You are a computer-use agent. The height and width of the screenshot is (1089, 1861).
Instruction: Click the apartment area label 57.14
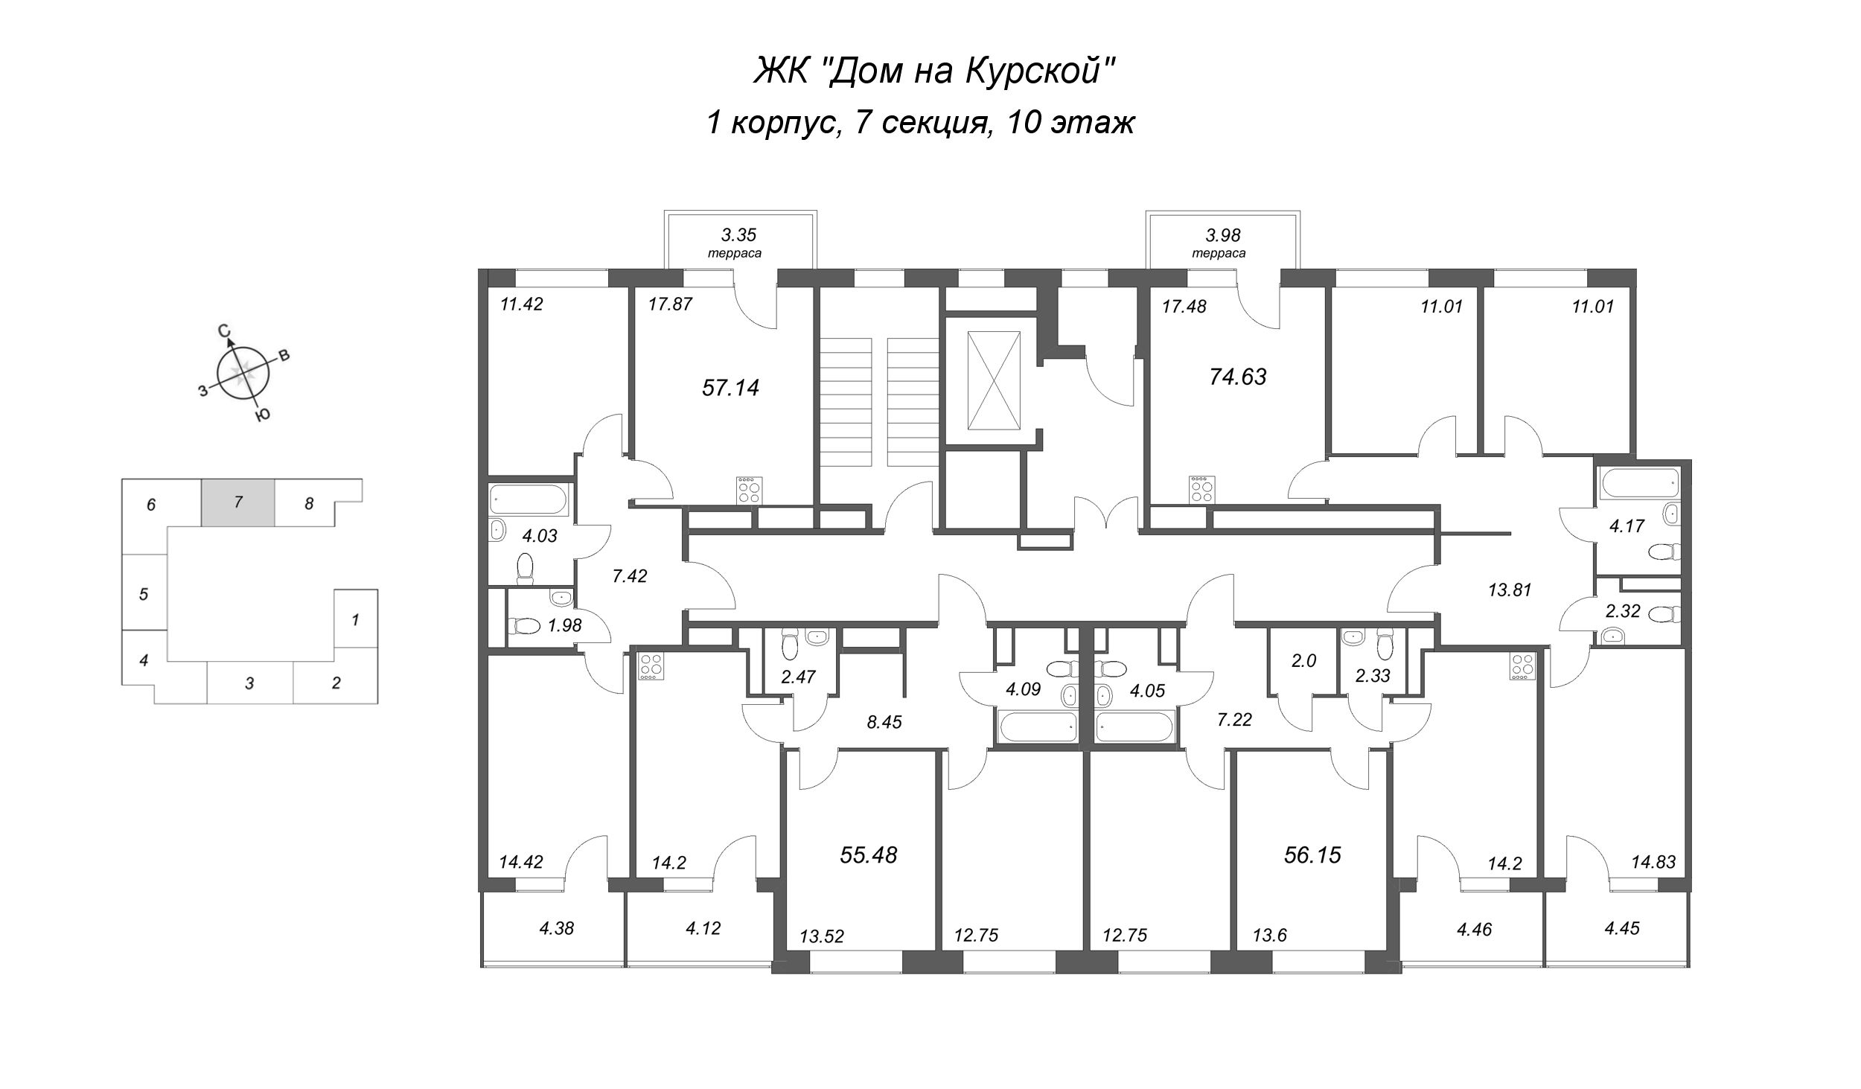coord(730,388)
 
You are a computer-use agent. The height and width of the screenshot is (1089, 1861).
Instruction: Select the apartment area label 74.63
coord(1237,377)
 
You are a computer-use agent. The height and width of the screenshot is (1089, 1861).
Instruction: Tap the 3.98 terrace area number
coord(1222,235)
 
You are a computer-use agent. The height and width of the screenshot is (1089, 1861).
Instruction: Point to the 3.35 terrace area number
coord(738,235)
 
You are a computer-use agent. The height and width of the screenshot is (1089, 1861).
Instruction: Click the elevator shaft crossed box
coord(993,380)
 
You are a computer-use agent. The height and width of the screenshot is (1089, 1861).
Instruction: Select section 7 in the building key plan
coord(238,502)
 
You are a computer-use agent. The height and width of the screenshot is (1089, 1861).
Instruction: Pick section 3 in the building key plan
coord(249,683)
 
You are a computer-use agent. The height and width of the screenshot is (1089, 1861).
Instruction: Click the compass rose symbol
coord(242,374)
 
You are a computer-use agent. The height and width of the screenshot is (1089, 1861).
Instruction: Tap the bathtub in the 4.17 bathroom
coord(1638,485)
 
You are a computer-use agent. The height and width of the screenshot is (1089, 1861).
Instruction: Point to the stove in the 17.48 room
coord(1201,490)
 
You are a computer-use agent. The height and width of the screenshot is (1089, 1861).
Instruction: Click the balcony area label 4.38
coord(556,928)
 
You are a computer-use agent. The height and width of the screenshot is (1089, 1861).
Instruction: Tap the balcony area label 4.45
coord(1621,928)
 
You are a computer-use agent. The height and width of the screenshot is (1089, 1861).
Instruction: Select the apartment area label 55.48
coord(868,855)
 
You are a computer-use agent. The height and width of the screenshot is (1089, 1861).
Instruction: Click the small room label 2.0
coord(1303,660)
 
